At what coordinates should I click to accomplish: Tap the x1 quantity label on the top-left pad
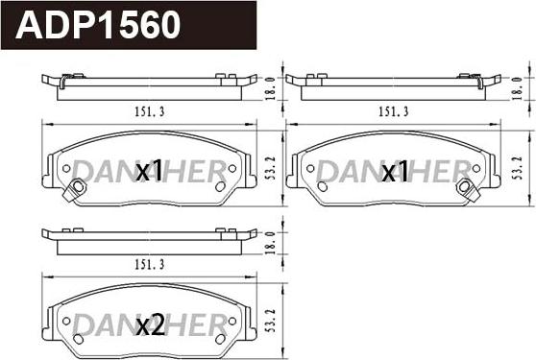click(149, 172)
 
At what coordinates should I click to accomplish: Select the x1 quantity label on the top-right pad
click(395, 172)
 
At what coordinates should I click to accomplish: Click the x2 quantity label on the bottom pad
click(149, 325)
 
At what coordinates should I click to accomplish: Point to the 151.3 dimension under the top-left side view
click(149, 111)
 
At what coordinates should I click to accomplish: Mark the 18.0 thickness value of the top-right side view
click(518, 87)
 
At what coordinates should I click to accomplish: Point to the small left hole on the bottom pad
click(66, 321)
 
